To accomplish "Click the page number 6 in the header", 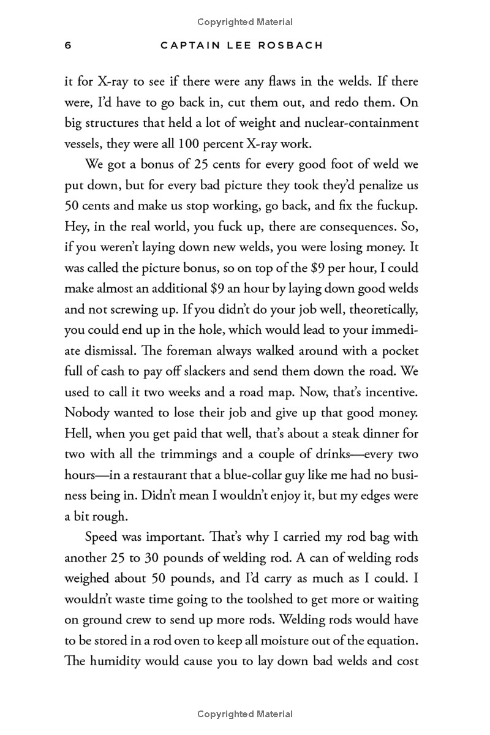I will [x=69, y=47].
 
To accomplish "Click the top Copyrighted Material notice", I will [x=245, y=22].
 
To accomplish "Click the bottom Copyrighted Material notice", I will [x=245, y=714].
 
